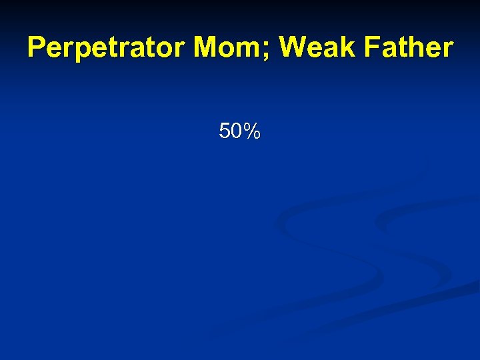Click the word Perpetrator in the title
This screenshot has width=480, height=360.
[107, 48]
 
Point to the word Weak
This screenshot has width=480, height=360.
[318, 48]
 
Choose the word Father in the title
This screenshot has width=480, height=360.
[410, 48]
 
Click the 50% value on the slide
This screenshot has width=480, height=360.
[239, 132]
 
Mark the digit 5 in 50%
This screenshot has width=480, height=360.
[225, 132]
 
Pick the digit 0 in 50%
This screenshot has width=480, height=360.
[235, 132]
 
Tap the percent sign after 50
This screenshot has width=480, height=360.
[251, 132]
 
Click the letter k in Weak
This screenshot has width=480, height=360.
[349, 48]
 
